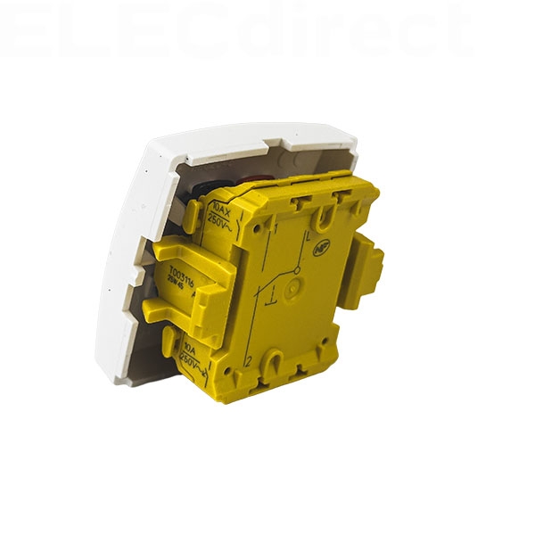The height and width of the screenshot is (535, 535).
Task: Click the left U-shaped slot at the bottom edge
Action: (274, 363)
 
